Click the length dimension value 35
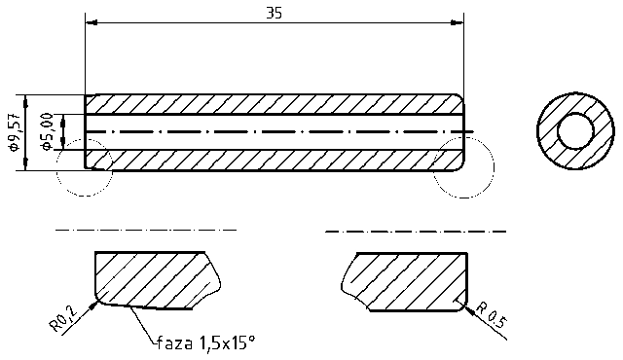pos(275,13)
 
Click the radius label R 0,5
pos(493,313)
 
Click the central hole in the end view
pos(576,131)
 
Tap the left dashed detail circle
pos(87,167)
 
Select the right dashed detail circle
pos(462,166)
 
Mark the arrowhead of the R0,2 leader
pos(94,304)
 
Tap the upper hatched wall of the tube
pos(273,104)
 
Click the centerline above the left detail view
pos(146,230)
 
